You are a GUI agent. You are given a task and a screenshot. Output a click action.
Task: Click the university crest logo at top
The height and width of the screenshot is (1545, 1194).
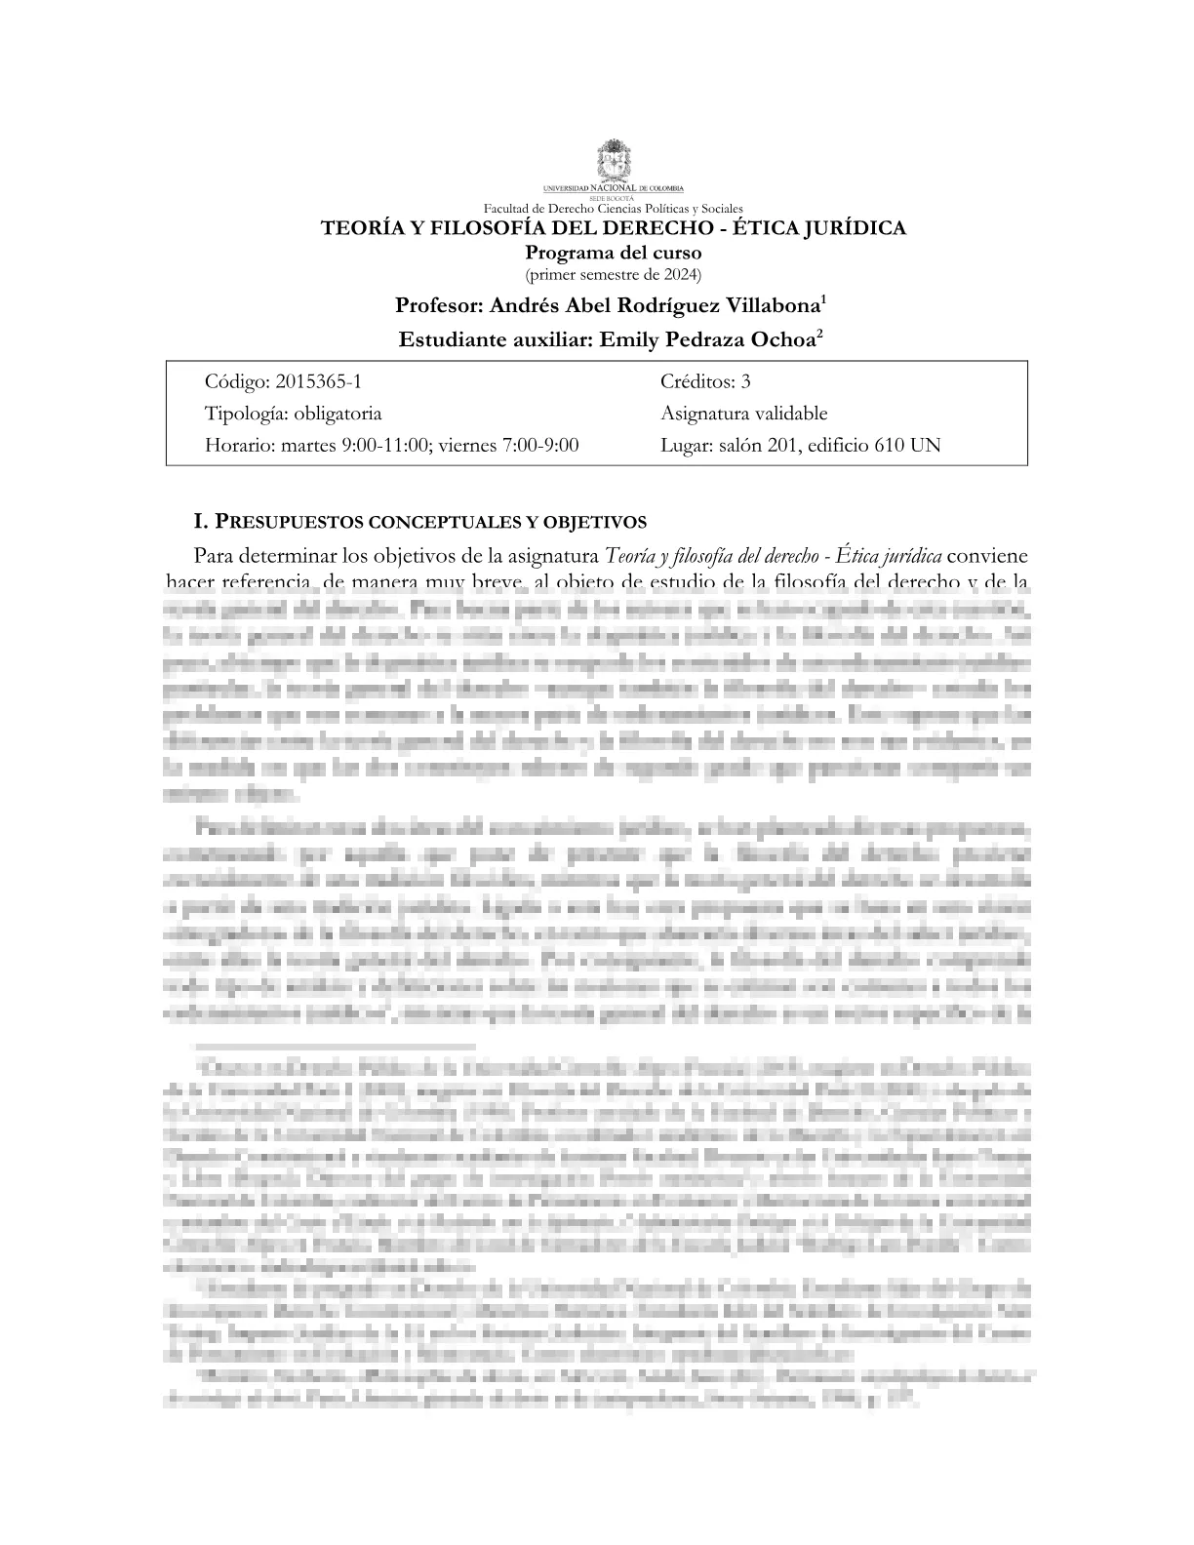[614, 161]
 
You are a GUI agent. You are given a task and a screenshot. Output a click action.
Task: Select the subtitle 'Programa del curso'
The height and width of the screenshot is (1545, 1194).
[613, 253]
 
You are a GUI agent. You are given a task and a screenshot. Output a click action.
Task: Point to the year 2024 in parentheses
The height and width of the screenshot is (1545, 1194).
[679, 274]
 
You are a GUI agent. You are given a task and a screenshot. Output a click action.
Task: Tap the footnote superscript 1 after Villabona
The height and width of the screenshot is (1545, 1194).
[824, 299]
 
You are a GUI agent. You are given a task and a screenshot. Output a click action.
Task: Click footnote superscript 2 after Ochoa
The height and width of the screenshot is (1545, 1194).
[820, 335]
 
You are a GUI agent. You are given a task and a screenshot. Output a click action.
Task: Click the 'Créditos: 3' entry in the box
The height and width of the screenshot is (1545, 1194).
[705, 381]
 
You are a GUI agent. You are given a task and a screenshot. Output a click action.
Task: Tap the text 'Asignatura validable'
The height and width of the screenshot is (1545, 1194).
[743, 414]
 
